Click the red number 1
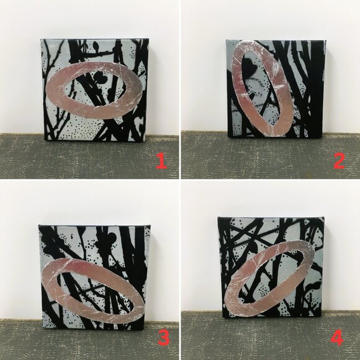click(161, 161)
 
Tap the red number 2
click(339, 161)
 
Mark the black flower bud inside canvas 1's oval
click(101, 78)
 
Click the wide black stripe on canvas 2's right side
click(317, 92)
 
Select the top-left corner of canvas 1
click(41, 39)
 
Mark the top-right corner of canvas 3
click(150, 225)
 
